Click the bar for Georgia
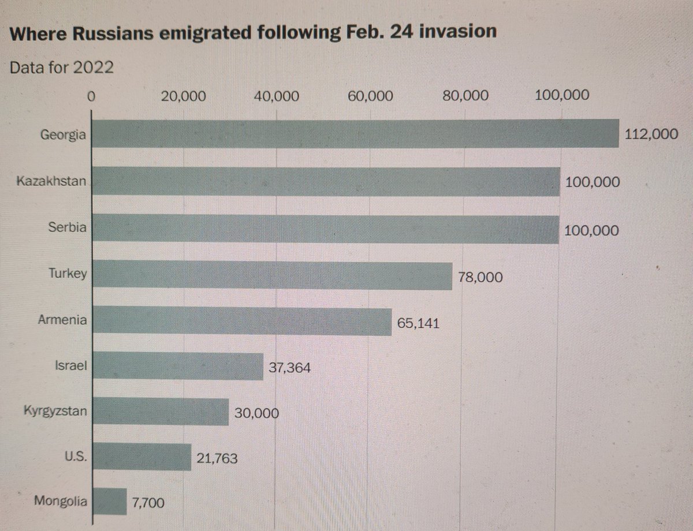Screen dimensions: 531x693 355,134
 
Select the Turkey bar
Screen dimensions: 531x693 272,275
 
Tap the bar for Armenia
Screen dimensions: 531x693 242,321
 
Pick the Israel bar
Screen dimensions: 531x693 178,366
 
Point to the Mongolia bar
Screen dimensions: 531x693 110,501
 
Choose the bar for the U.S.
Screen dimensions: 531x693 142,457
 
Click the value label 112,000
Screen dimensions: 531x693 651,134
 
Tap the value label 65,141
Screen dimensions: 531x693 419,323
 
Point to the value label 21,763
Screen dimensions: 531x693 217,458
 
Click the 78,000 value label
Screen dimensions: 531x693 480,277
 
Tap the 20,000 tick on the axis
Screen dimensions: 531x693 184,96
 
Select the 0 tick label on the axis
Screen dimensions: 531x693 90,96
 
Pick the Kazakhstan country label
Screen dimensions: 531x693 52,181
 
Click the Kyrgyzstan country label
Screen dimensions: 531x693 55,412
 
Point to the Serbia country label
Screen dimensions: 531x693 68,227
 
